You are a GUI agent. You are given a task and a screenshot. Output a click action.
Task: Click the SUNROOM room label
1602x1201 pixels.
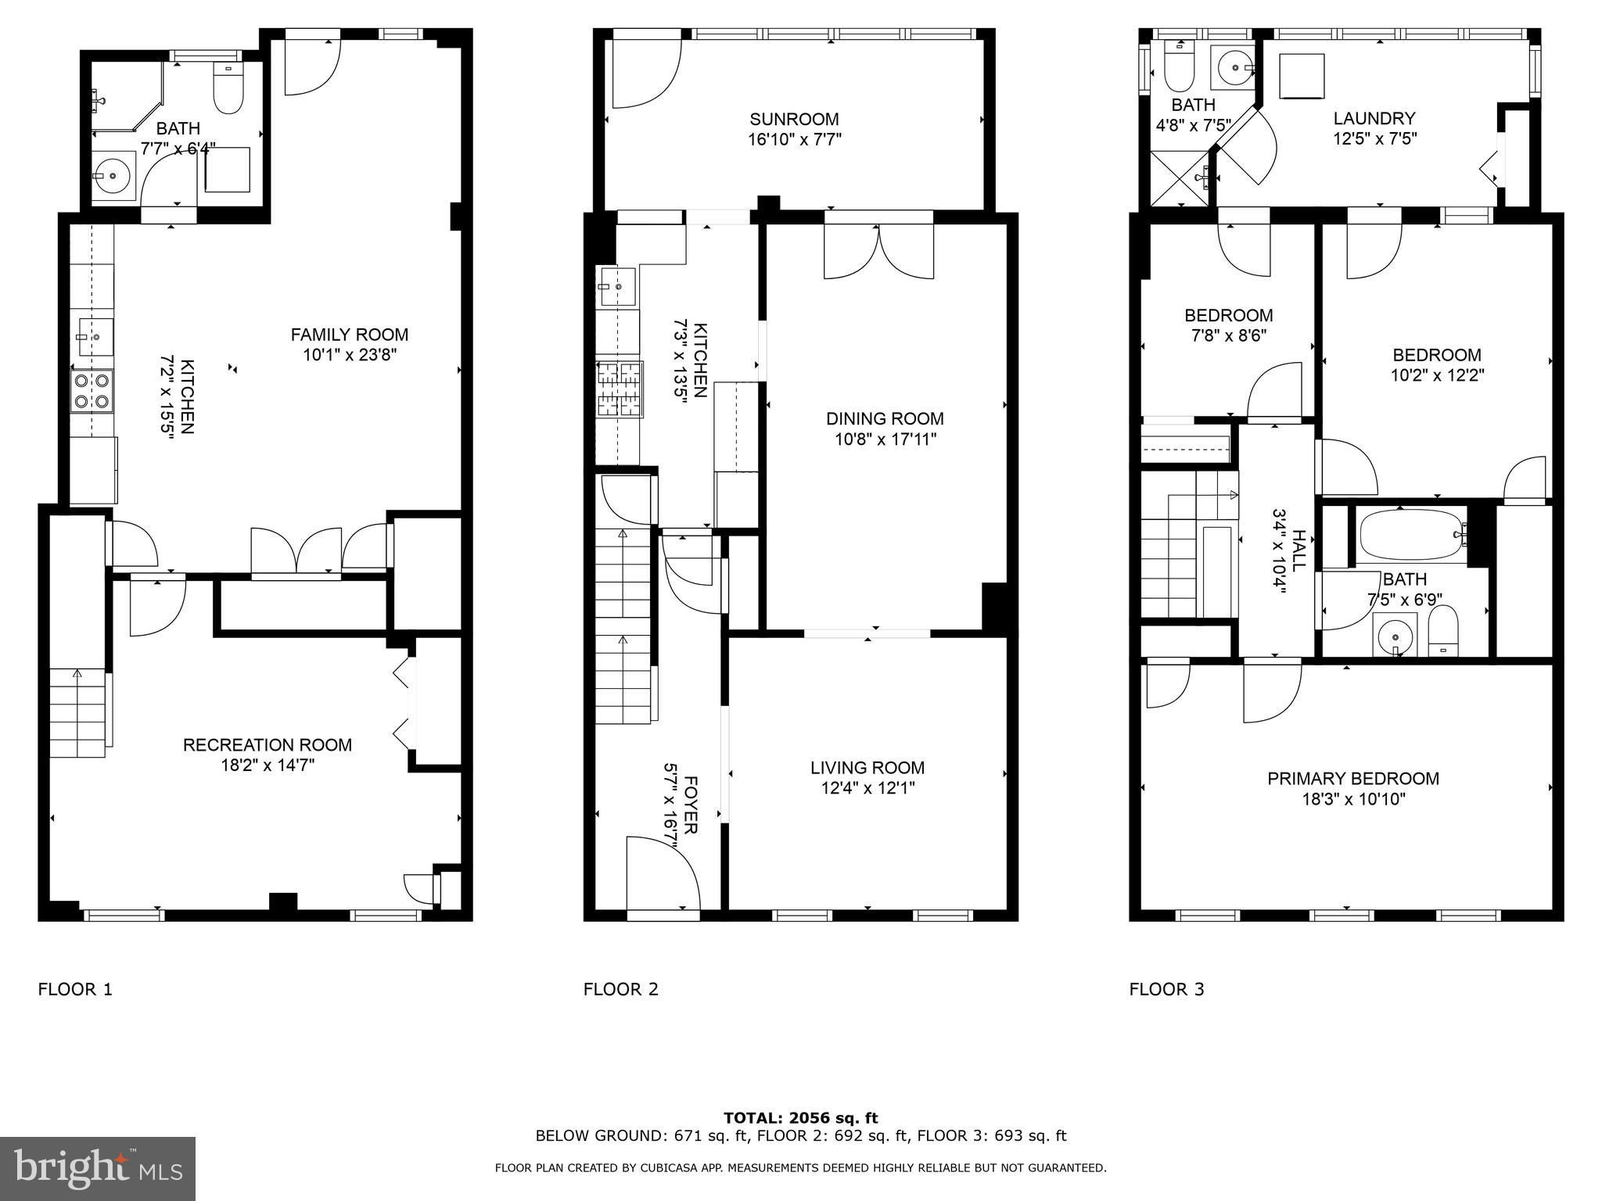[x=794, y=120]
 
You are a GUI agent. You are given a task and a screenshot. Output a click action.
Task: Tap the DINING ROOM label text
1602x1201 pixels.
[x=885, y=419]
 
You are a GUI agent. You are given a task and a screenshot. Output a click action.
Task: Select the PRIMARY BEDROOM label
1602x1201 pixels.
[x=1353, y=779]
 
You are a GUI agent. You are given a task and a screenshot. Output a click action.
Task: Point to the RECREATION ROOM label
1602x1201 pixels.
[x=268, y=745]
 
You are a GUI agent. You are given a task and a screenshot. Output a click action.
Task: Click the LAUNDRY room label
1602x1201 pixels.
[x=1374, y=119]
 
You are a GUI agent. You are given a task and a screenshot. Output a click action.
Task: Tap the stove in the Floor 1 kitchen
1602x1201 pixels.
[x=92, y=391]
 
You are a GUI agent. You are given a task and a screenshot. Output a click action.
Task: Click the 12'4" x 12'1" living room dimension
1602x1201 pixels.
[x=867, y=788]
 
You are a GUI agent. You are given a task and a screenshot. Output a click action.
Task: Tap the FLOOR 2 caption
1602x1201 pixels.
[x=621, y=990]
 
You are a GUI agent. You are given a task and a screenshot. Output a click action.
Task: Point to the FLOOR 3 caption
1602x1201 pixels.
[x=1167, y=990]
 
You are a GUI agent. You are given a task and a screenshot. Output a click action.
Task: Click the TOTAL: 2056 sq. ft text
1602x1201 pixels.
[x=800, y=1119]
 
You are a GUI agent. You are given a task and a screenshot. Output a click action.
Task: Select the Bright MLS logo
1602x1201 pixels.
[x=97, y=1168]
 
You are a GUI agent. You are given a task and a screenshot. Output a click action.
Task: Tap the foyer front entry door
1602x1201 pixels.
[x=663, y=874]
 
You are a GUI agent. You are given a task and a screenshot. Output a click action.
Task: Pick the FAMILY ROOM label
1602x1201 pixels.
[x=350, y=335]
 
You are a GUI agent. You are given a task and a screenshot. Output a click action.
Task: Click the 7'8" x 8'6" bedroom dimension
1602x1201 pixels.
[x=1227, y=336]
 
